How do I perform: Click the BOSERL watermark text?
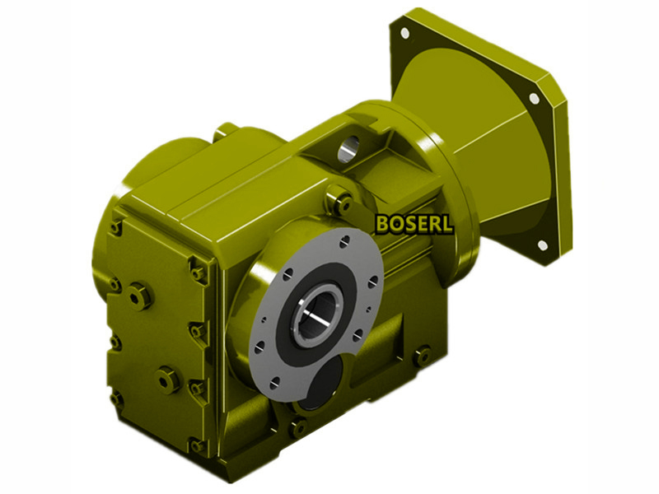[414, 224]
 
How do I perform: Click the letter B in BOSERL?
[383, 224]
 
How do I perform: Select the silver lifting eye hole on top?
[348, 148]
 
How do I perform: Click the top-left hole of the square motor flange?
[404, 33]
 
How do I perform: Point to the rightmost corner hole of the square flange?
[534, 98]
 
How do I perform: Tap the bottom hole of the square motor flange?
[543, 245]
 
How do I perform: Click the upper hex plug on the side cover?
[139, 296]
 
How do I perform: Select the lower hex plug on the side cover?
[167, 380]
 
